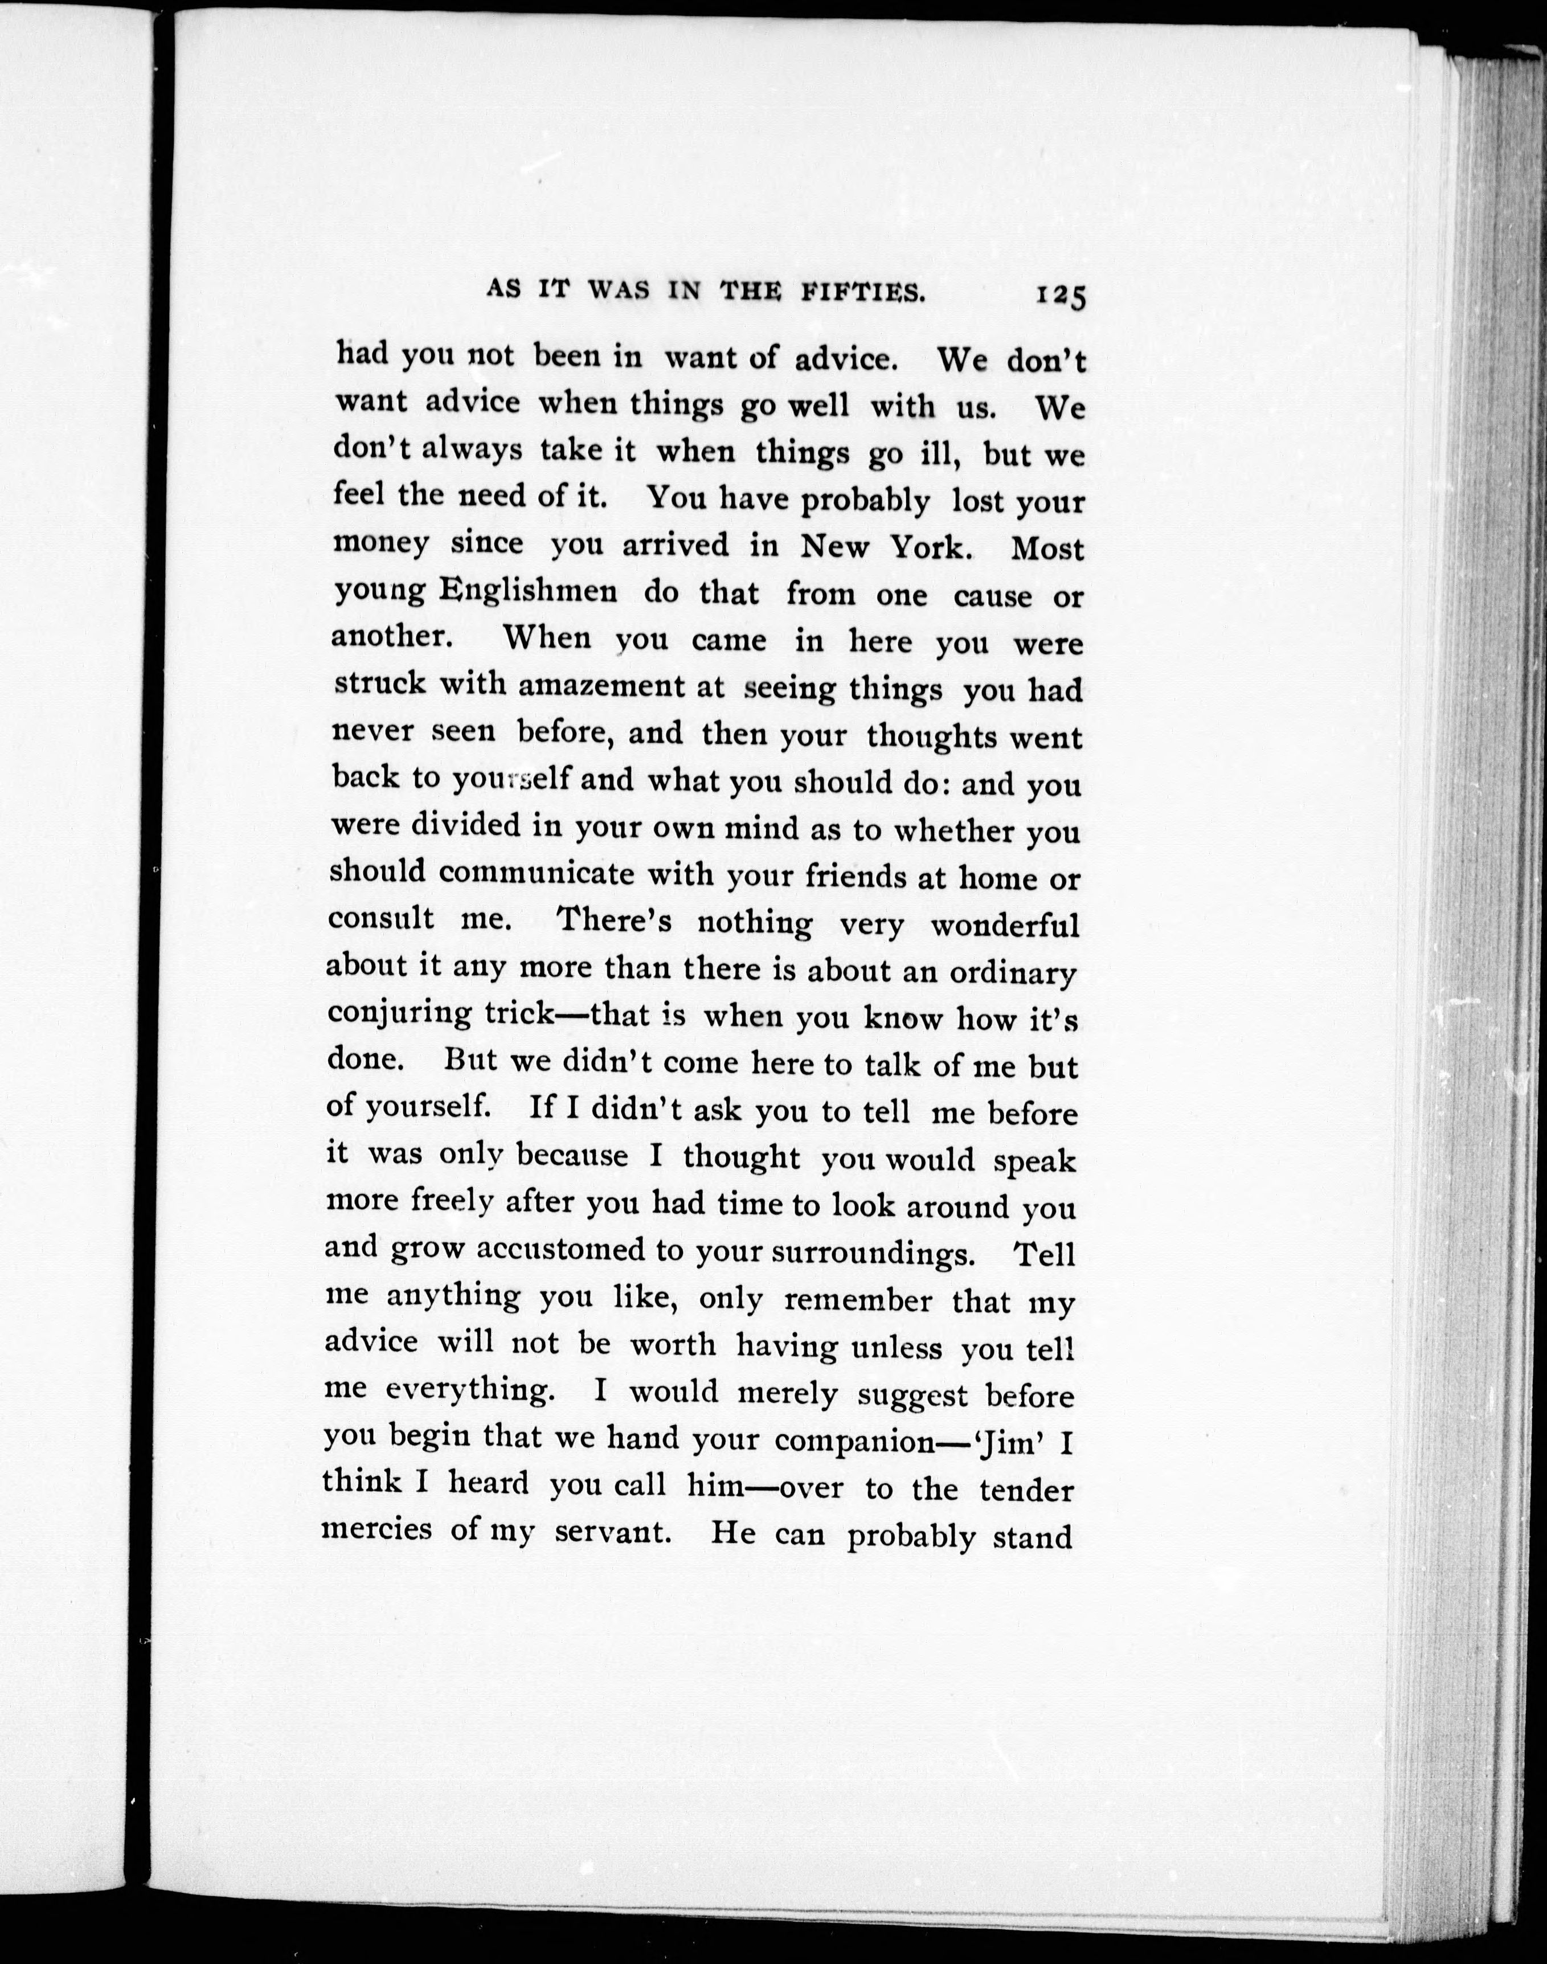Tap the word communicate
click(x=536, y=873)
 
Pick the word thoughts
click(x=932, y=735)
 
